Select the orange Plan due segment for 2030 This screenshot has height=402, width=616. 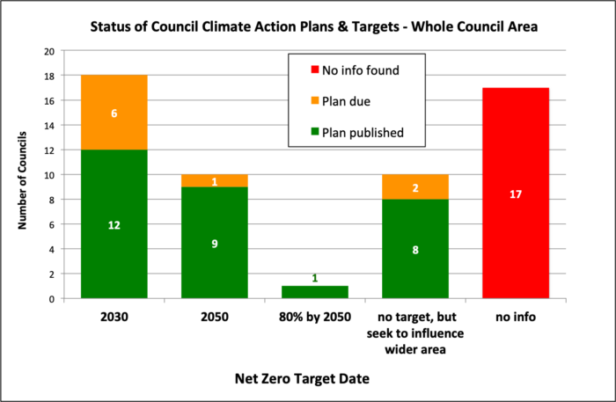114,112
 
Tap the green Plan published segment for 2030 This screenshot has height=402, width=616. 114,224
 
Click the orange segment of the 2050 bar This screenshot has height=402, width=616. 214,181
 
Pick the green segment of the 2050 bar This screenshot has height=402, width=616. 214,243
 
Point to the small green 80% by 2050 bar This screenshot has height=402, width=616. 315,292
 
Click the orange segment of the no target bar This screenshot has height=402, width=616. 415,186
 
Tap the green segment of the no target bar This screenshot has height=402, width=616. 415,249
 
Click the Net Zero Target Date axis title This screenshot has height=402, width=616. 314,378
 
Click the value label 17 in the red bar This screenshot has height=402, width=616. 516,194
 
